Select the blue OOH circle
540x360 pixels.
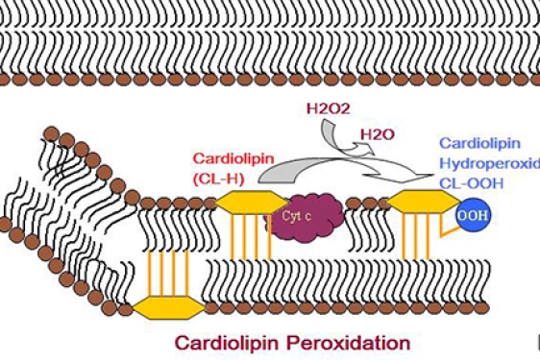click(472, 214)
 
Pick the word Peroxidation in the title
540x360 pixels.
click(346, 342)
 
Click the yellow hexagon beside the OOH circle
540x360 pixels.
click(424, 202)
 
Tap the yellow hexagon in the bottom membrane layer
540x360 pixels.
click(166, 306)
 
